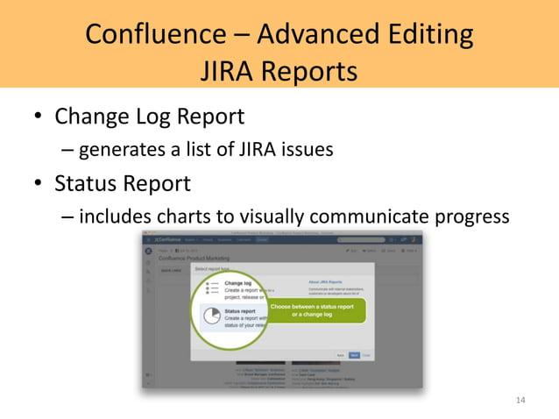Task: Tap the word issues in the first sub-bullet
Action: (308, 150)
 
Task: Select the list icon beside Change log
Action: (210, 288)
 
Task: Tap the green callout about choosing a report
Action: (311, 310)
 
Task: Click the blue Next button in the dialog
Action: (353, 355)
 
